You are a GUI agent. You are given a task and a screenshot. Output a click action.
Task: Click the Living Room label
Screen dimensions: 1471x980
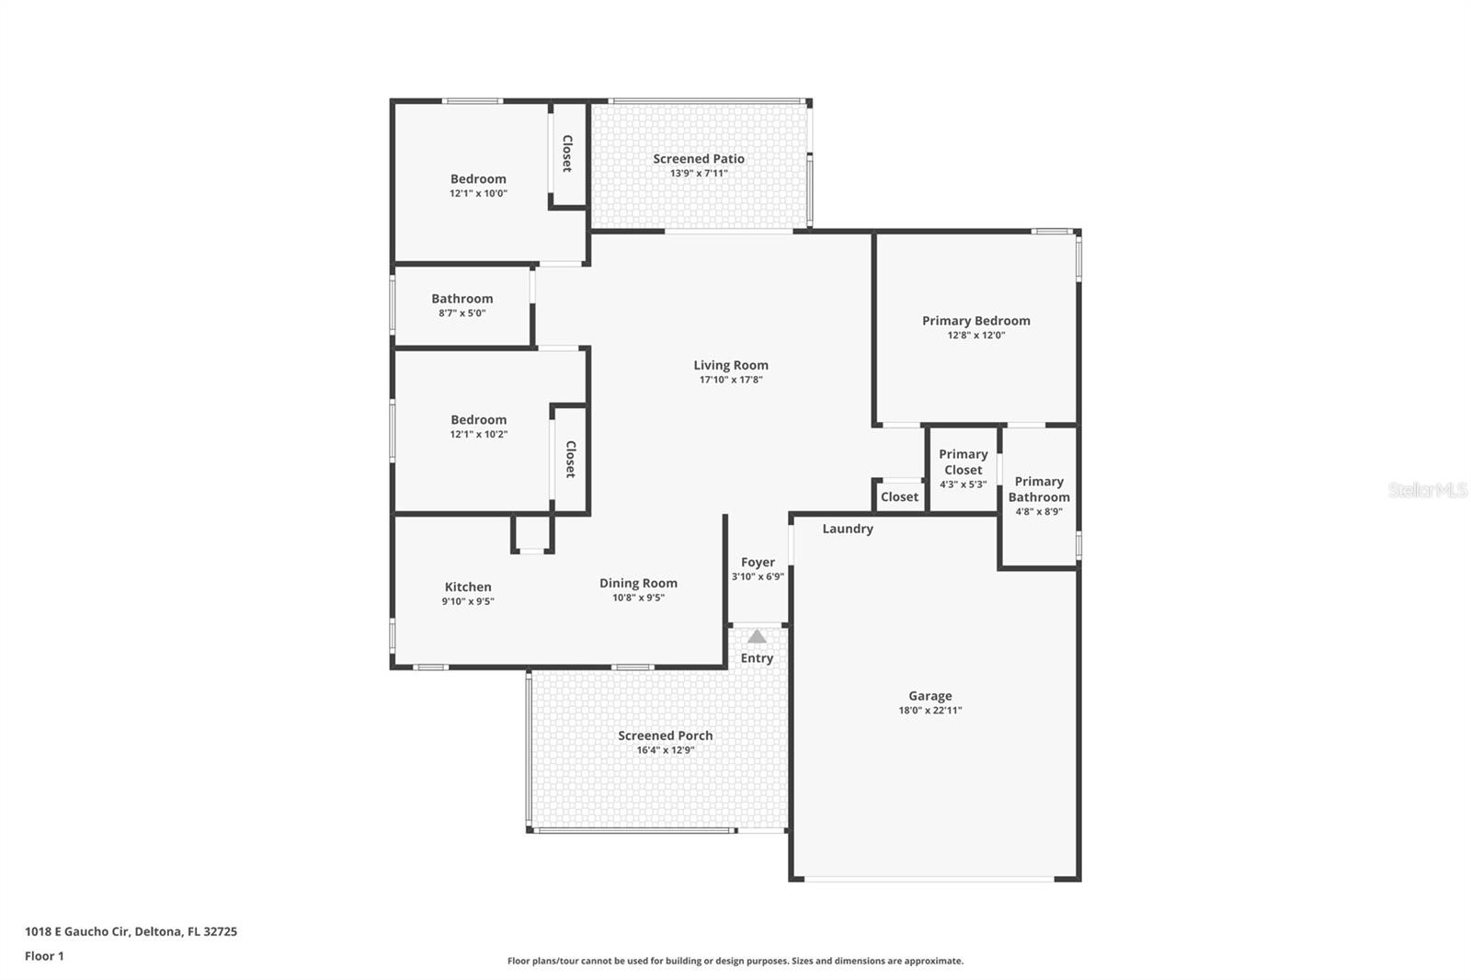[731, 365]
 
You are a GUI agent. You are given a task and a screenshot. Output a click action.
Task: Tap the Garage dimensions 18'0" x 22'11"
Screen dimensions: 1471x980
[929, 710]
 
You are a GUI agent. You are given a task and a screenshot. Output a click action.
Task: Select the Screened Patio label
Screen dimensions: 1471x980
[699, 159]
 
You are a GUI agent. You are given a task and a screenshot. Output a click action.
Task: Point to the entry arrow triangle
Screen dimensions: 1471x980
[758, 636]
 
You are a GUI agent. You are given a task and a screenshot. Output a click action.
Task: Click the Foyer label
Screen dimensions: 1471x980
[758, 563]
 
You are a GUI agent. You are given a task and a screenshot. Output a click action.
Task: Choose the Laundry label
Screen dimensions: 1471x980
[848, 529]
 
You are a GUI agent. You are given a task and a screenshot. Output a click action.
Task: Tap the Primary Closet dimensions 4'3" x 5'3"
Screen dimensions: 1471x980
[963, 484]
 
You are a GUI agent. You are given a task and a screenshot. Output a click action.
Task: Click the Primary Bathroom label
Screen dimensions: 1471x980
[1039, 489]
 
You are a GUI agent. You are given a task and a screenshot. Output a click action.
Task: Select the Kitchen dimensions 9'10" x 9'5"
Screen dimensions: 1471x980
[468, 601]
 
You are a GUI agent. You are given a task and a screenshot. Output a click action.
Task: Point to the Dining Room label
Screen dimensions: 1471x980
[638, 583]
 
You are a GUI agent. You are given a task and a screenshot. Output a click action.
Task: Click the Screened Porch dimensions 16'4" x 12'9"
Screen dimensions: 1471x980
[666, 750]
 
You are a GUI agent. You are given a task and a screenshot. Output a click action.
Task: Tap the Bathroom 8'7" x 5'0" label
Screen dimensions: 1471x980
[462, 305]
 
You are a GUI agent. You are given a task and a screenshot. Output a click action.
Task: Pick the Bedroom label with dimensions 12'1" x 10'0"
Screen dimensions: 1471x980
[478, 178]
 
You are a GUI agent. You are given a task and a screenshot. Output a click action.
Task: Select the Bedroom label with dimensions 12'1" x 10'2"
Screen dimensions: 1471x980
[478, 420]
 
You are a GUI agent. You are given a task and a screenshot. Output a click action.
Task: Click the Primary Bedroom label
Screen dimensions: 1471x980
[975, 321]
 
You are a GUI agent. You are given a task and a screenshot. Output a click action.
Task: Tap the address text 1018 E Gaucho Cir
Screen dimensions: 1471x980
[76, 931]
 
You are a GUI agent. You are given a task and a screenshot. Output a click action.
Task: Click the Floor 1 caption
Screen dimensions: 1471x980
[44, 956]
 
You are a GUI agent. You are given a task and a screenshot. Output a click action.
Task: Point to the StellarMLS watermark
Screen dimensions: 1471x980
[1428, 489]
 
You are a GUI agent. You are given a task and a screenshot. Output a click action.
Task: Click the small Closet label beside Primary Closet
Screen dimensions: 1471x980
[899, 497]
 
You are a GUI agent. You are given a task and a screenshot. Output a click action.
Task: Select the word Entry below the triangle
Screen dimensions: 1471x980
[757, 658]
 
